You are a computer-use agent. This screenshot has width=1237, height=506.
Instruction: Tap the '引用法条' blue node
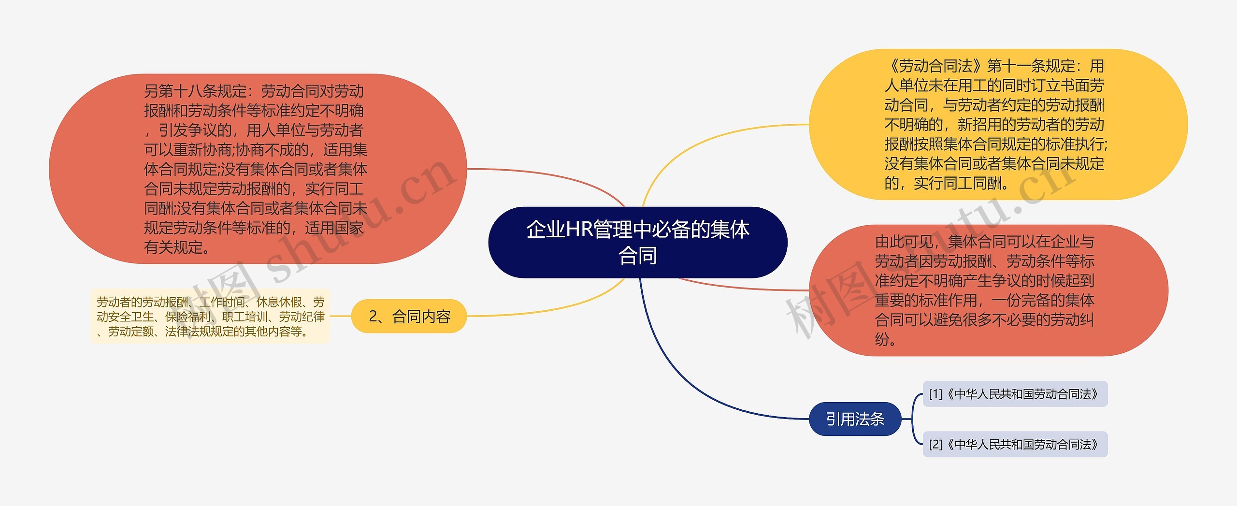point(855,419)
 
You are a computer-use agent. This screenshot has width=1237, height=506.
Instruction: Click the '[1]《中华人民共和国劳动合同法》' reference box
point(1015,394)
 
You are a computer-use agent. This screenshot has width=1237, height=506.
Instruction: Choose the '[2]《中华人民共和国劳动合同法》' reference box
point(1015,445)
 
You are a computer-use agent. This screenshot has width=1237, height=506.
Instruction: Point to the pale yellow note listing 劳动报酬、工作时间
point(210,317)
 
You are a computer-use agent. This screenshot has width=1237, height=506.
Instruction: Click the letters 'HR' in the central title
point(579,229)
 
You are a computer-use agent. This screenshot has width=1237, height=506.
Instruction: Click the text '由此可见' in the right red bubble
point(904,242)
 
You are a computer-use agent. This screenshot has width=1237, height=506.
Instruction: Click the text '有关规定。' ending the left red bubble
point(177,247)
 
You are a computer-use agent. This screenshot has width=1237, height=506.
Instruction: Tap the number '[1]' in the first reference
point(935,394)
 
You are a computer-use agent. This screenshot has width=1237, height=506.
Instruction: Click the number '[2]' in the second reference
point(935,445)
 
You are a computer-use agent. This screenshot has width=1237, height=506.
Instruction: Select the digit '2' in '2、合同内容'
point(373,317)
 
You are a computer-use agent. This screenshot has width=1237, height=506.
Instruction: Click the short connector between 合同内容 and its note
point(340,316)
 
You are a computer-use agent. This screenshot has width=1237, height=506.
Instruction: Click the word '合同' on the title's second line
point(638,256)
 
